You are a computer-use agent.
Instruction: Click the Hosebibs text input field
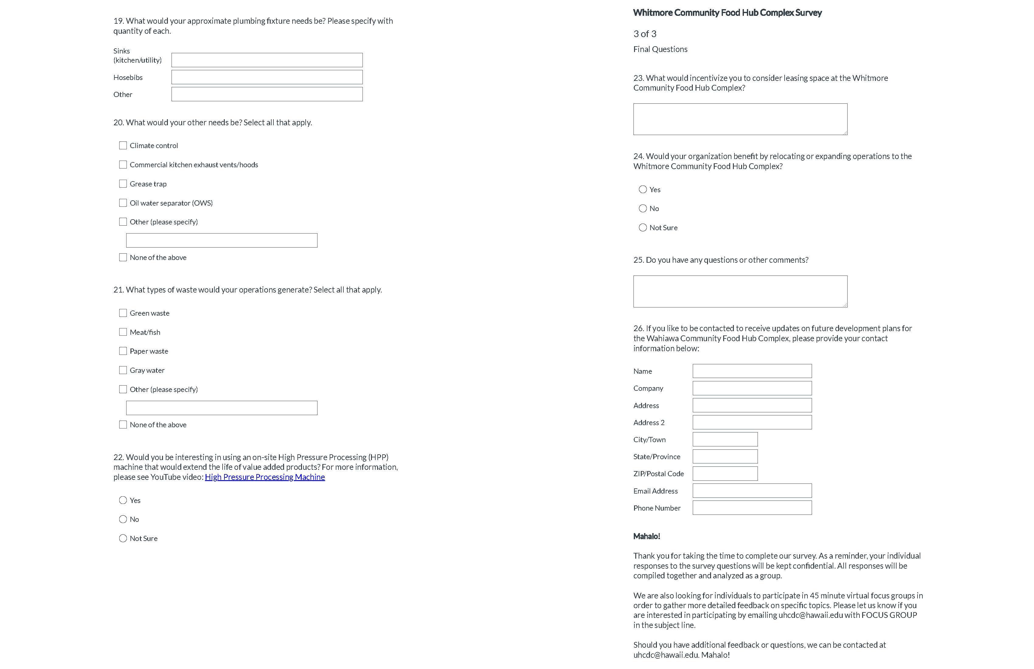click(x=267, y=77)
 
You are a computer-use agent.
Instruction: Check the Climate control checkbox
click(x=123, y=146)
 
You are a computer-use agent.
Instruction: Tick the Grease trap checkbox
click(x=123, y=184)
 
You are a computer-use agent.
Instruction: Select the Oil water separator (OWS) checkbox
click(x=123, y=203)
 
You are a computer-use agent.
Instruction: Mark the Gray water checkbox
click(x=123, y=370)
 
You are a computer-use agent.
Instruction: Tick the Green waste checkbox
click(x=123, y=313)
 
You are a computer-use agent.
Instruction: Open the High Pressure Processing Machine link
click(x=265, y=477)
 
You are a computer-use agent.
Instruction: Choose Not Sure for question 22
click(x=123, y=539)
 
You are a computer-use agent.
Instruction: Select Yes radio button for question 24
click(x=643, y=189)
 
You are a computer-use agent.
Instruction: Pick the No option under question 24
click(x=643, y=209)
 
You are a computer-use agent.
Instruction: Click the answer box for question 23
click(x=740, y=119)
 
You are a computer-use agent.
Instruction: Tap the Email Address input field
click(x=751, y=491)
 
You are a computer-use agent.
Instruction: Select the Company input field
click(x=751, y=388)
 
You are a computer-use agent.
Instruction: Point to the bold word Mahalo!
click(x=647, y=536)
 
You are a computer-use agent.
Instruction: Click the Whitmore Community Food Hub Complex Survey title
click(x=727, y=12)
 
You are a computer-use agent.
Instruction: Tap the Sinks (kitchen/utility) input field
click(x=267, y=60)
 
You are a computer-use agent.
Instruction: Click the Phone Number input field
click(x=751, y=508)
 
